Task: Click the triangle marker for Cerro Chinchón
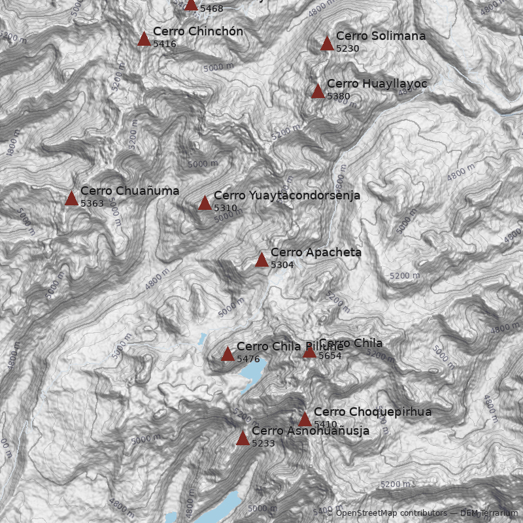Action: point(144,39)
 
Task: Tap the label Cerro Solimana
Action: point(380,36)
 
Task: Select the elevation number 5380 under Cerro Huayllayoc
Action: point(339,96)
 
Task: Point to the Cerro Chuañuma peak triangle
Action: point(71,198)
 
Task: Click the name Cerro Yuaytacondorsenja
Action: point(286,195)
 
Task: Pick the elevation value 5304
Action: point(282,265)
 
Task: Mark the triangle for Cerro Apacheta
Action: point(261,260)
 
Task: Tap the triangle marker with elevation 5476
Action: point(228,354)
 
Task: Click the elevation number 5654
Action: point(330,356)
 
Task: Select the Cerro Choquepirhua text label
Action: point(373,412)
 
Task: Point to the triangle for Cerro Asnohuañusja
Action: point(243,438)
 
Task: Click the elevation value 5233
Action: point(263,443)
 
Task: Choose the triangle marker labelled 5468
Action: point(191,4)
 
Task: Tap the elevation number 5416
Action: point(165,44)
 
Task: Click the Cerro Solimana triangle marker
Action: point(327,44)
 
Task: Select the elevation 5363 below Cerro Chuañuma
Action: point(92,203)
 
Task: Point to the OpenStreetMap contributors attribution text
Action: point(392,513)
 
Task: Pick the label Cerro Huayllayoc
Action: point(377,84)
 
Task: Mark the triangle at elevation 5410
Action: point(305,419)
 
